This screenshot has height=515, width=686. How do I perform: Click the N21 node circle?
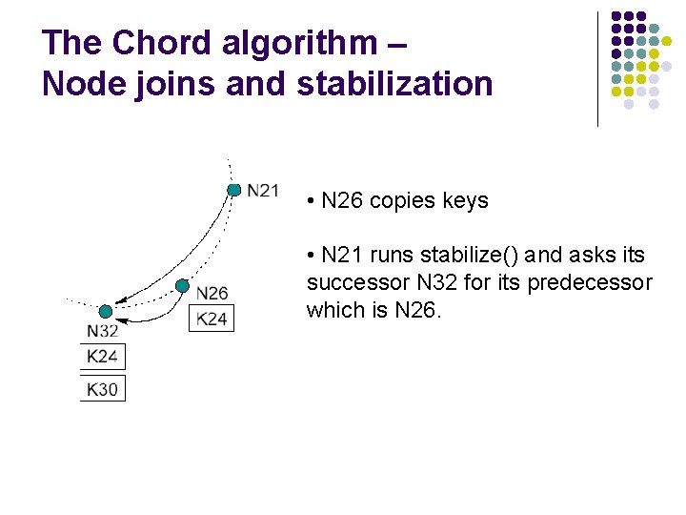(233, 190)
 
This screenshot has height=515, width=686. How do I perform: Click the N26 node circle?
(182, 285)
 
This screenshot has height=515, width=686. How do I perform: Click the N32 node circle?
(105, 311)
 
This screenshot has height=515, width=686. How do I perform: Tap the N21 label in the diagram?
(262, 191)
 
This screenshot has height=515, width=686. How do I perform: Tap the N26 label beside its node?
(212, 293)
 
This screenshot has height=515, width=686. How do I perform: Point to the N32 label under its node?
(103, 331)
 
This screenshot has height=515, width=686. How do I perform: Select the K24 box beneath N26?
(212, 319)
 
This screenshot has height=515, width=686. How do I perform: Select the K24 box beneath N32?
(103, 357)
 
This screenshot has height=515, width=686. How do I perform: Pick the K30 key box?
(103, 388)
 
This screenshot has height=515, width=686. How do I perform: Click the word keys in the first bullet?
(464, 201)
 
